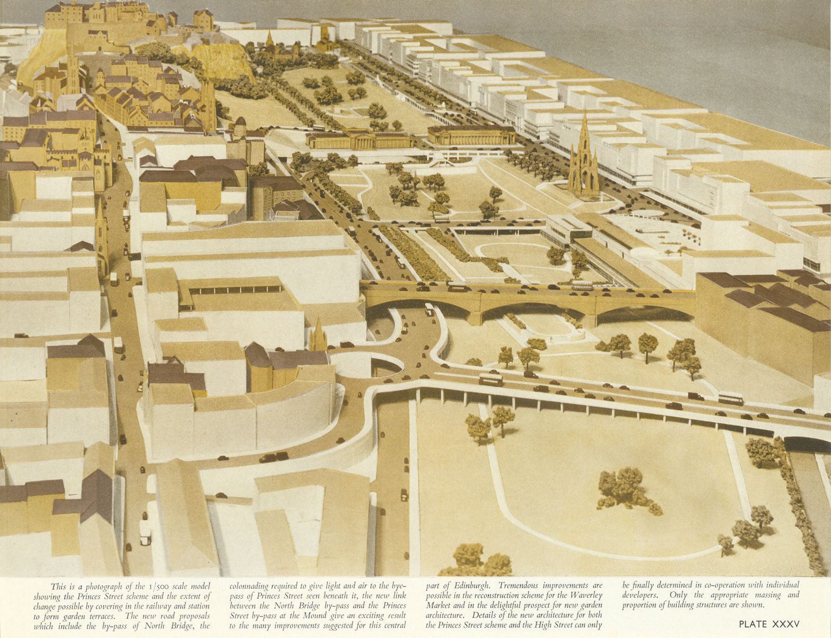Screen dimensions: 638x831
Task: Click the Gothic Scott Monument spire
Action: [584, 156]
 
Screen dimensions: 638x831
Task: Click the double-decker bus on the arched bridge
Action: [582, 285]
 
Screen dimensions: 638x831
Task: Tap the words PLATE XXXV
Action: [769, 624]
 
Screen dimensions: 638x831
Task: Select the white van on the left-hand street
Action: [145, 531]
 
